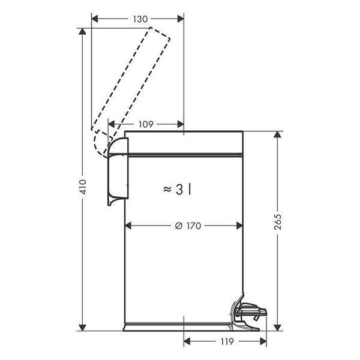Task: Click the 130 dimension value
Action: [140, 19]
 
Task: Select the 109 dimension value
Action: [146, 124]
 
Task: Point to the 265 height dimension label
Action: [278, 221]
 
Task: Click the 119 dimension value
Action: [227, 341]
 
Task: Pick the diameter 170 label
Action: [188, 226]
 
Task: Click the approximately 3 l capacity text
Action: [177, 190]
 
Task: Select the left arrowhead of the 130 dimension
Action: [95, 19]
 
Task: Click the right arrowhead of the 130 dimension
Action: [181, 19]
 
